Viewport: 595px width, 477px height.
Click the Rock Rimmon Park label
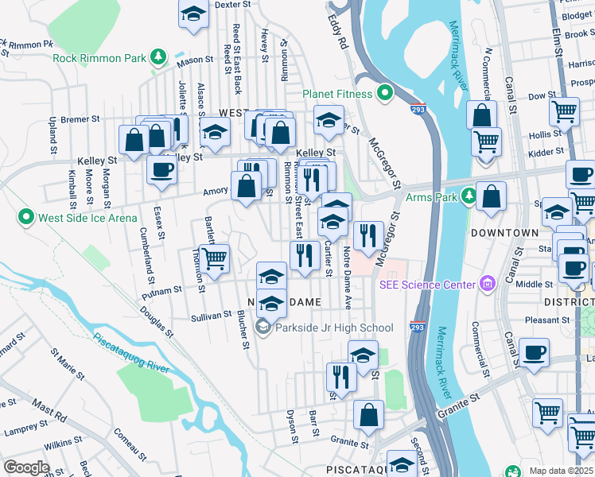click(100, 57)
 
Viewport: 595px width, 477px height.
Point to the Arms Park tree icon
click(470, 196)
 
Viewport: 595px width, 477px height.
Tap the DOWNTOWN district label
click(504, 233)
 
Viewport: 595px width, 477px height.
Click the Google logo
click(26, 467)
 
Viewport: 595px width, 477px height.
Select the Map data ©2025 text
click(562, 471)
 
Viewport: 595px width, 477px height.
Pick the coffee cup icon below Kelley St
click(162, 169)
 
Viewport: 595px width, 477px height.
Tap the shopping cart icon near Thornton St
click(214, 258)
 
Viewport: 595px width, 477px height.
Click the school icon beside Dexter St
click(193, 15)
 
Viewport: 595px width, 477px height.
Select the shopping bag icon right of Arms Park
click(492, 197)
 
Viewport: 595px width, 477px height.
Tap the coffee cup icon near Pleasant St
click(533, 351)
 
